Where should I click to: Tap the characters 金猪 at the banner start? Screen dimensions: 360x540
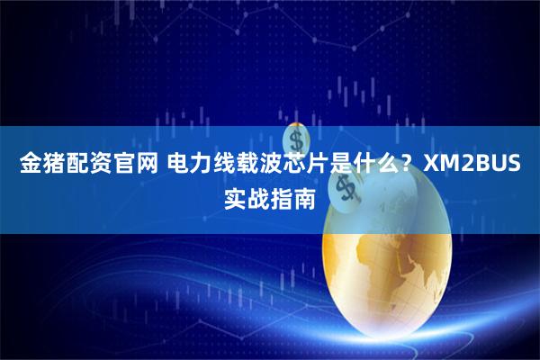pyautogui.click(x=42, y=166)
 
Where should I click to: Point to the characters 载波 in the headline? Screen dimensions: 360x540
pyautogui.click(x=262, y=166)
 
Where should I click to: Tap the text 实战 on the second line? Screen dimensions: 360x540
pyautogui.click(x=247, y=197)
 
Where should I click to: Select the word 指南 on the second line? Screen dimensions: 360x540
pyautogui.click(x=293, y=197)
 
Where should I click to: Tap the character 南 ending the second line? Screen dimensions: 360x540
pyautogui.click(x=305, y=197)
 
